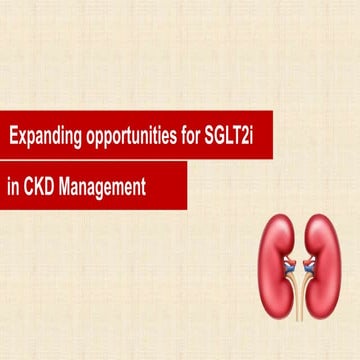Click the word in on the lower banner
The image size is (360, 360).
click(14, 185)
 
